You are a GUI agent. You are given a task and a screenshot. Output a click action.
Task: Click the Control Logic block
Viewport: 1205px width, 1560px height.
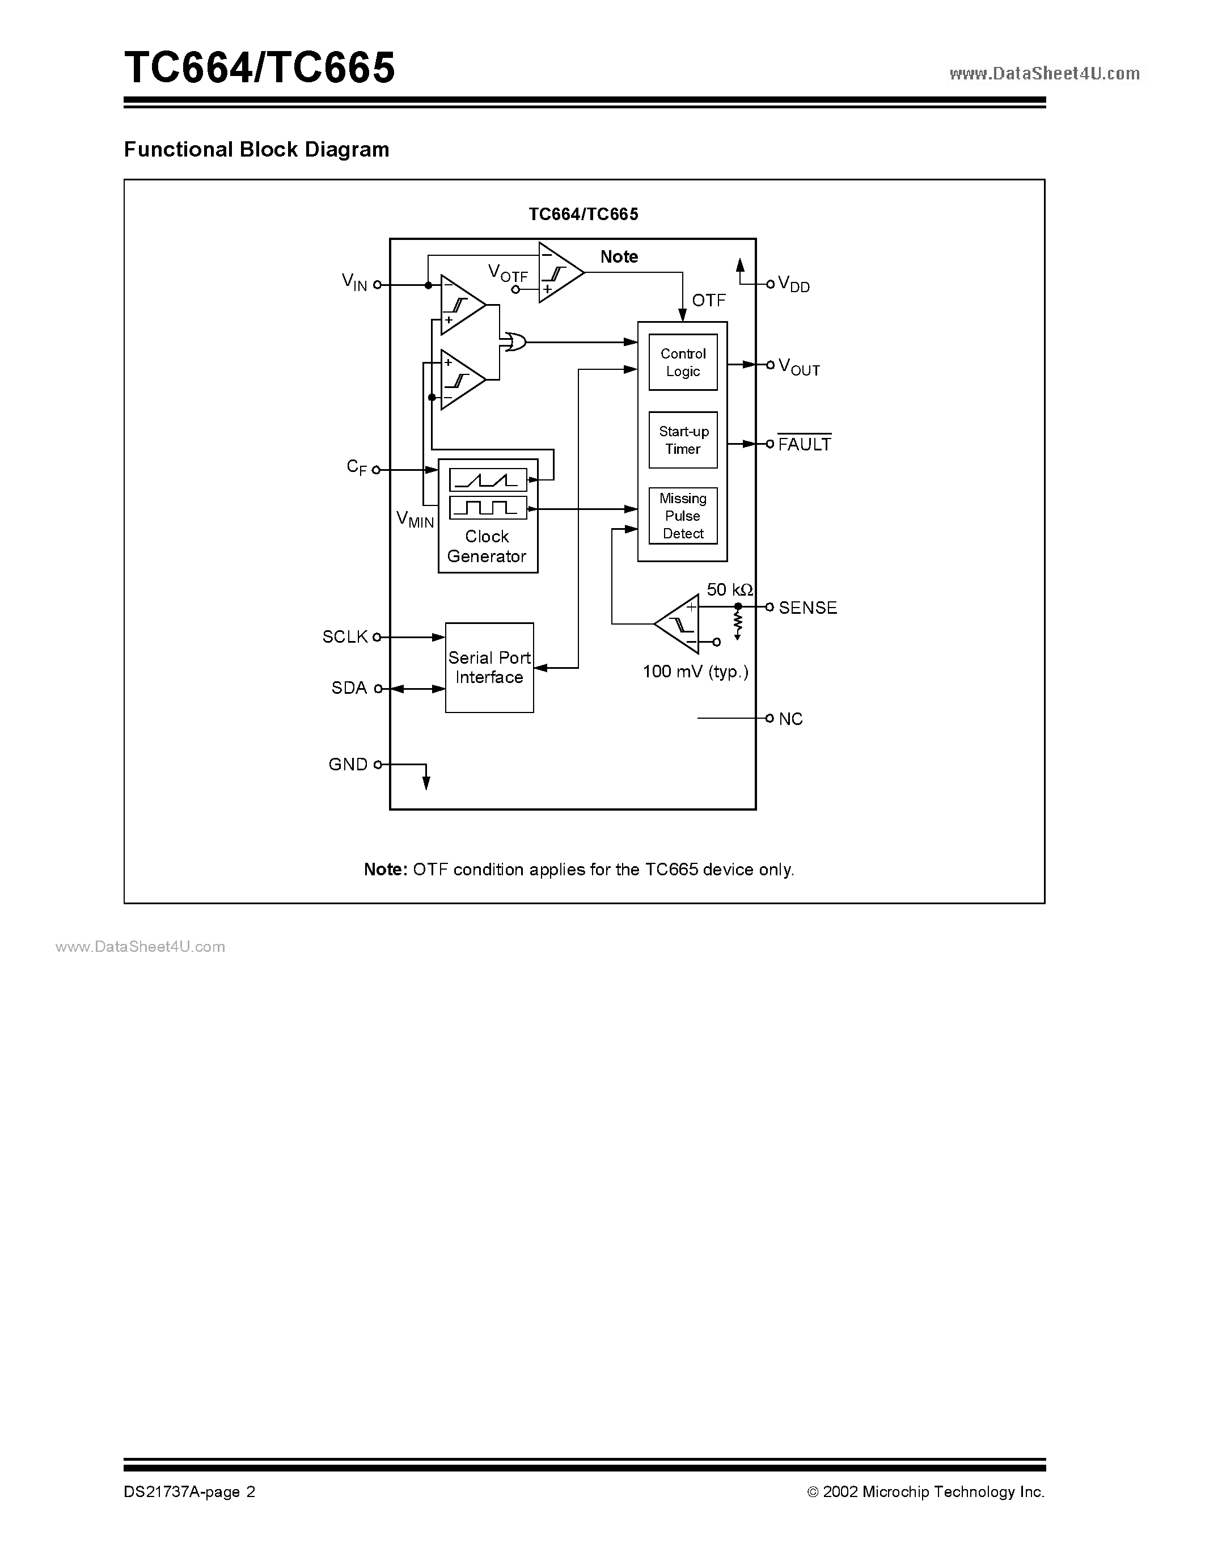click(682, 362)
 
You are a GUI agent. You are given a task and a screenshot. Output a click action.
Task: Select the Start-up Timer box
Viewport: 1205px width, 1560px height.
click(682, 440)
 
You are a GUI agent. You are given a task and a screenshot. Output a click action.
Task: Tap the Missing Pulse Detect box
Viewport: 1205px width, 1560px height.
click(682, 516)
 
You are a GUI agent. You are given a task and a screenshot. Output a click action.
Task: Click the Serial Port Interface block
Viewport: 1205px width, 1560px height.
click(489, 667)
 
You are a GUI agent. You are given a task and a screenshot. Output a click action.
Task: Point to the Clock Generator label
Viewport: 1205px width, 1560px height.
click(487, 546)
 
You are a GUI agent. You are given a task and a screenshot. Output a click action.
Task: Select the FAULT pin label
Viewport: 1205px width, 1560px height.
click(804, 444)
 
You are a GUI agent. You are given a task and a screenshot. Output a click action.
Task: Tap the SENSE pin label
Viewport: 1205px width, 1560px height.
click(807, 608)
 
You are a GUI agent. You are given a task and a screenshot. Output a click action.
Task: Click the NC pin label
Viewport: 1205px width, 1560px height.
click(790, 719)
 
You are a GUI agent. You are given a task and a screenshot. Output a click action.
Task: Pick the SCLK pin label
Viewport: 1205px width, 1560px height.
click(345, 636)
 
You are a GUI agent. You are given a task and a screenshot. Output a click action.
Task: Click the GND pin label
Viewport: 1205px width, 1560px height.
click(348, 764)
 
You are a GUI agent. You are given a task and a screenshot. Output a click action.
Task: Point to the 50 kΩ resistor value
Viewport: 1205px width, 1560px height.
click(729, 590)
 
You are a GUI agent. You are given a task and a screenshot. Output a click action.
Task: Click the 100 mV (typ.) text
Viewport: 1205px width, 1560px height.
click(695, 672)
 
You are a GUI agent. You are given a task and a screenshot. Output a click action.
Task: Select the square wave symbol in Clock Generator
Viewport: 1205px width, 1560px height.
click(488, 508)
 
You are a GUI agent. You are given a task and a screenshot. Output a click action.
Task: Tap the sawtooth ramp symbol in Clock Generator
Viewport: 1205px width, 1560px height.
click(488, 480)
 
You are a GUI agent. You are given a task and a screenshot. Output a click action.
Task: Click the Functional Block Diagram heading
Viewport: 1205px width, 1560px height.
click(256, 149)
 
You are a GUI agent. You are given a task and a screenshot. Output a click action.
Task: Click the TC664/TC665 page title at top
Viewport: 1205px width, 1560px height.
click(259, 69)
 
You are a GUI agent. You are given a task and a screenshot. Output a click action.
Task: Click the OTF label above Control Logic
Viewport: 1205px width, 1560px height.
click(708, 301)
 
